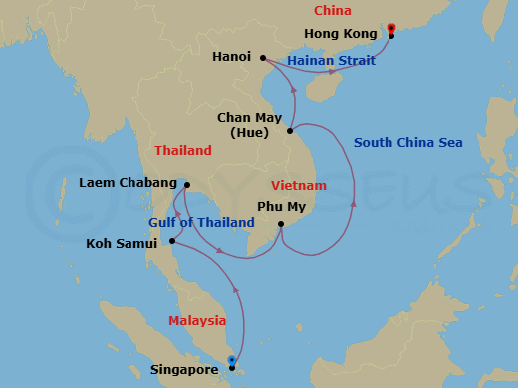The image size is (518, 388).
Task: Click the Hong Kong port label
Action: [x=339, y=33]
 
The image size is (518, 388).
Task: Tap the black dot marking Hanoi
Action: [x=263, y=57]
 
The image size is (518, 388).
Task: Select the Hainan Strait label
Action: [x=331, y=61]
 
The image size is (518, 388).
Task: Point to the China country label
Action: [x=332, y=11]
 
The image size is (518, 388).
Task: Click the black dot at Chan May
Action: [x=290, y=130]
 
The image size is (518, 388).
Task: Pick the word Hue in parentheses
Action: [x=248, y=132]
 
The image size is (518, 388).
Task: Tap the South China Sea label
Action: [x=407, y=143]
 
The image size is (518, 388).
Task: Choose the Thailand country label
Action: [x=183, y=151]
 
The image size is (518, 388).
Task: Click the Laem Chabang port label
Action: [x=123, y=183]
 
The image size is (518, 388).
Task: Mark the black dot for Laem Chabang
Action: [x=187, y=184]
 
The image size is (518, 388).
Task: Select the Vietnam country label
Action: [x=299, y=186]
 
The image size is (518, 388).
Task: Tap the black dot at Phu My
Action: [x=282, y=225]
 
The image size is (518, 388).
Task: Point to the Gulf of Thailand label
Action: [x=201, y=223]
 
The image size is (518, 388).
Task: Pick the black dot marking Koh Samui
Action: [x=172, y=241]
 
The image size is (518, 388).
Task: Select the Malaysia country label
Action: [x=197, y=321]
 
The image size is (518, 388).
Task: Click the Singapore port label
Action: [x=184, y=369]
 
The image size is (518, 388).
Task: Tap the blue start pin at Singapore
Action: [x=231, y=361]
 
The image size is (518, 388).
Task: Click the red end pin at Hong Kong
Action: [x=391, y=28]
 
